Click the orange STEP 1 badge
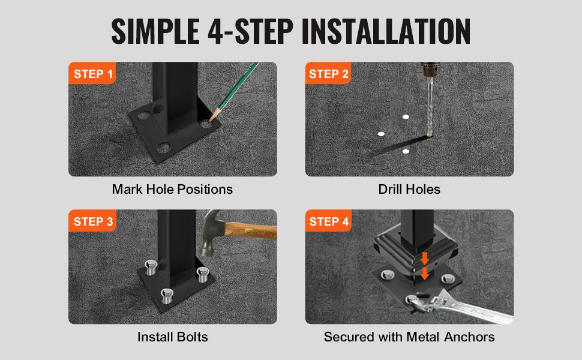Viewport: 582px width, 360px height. [x=92, y=73]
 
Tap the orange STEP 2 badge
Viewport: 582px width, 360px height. [x=328, y=73]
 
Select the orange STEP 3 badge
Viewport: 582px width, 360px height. [x=92, y=221]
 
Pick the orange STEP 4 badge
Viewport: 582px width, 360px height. [x=328, y=221]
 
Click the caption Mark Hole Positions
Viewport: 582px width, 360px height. [x=172, y=189]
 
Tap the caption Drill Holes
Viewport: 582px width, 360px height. [x=409, y=189]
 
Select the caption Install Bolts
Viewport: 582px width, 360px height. [x=173, y=337]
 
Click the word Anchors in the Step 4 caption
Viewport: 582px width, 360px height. [x=469, y=337]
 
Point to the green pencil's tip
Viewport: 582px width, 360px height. [x=210, y=120]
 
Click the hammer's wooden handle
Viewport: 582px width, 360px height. [x=251, y=230]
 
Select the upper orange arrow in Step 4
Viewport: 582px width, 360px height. [x=425, y=259]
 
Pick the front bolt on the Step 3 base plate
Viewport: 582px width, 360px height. [x=167, y=296]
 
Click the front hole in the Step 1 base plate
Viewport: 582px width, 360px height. [x=163, y=148]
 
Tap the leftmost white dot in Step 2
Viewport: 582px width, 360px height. [x=381, y=134]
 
